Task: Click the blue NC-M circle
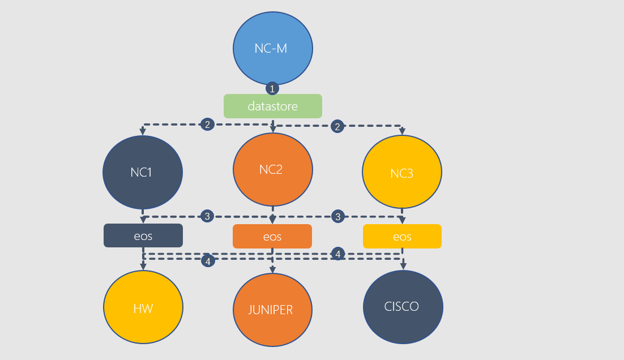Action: pos(272,48)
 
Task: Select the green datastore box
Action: pos(272,106)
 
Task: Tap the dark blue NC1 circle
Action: pos(143,172)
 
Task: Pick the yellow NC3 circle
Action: pos(402,173)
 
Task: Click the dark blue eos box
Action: pos(143,235)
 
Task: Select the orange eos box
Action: pos(272,236)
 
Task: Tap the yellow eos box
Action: pos(402,236)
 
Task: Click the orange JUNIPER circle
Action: pos(272,310)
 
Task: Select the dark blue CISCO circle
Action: pos(403,307)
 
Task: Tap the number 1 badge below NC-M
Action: pos(272,89)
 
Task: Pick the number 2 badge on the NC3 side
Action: pos(338,126)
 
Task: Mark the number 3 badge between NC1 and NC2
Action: pos(208,216)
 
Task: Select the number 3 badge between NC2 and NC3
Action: pos(338,216)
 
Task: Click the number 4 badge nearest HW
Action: pos(208,261)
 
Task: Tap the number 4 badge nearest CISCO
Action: pos(338,254)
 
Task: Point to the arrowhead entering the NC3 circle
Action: pos(402,132)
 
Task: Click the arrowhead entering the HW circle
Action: pos(143,267)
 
